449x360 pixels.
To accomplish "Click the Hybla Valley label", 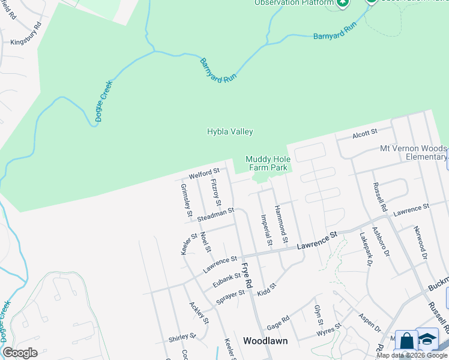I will [230, 131].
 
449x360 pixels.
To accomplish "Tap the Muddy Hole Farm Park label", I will [268, 163].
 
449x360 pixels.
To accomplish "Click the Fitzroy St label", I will [217, 191].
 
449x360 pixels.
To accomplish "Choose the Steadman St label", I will [215, 214].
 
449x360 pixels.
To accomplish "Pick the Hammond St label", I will [282, 220].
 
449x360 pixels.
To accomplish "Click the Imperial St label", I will [265, 230].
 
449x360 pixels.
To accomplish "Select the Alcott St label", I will [364, 132].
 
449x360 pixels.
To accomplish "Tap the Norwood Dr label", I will [420, 242].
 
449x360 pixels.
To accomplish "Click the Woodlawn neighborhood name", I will [265, 341].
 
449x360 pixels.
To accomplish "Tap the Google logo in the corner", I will [20, 353].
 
